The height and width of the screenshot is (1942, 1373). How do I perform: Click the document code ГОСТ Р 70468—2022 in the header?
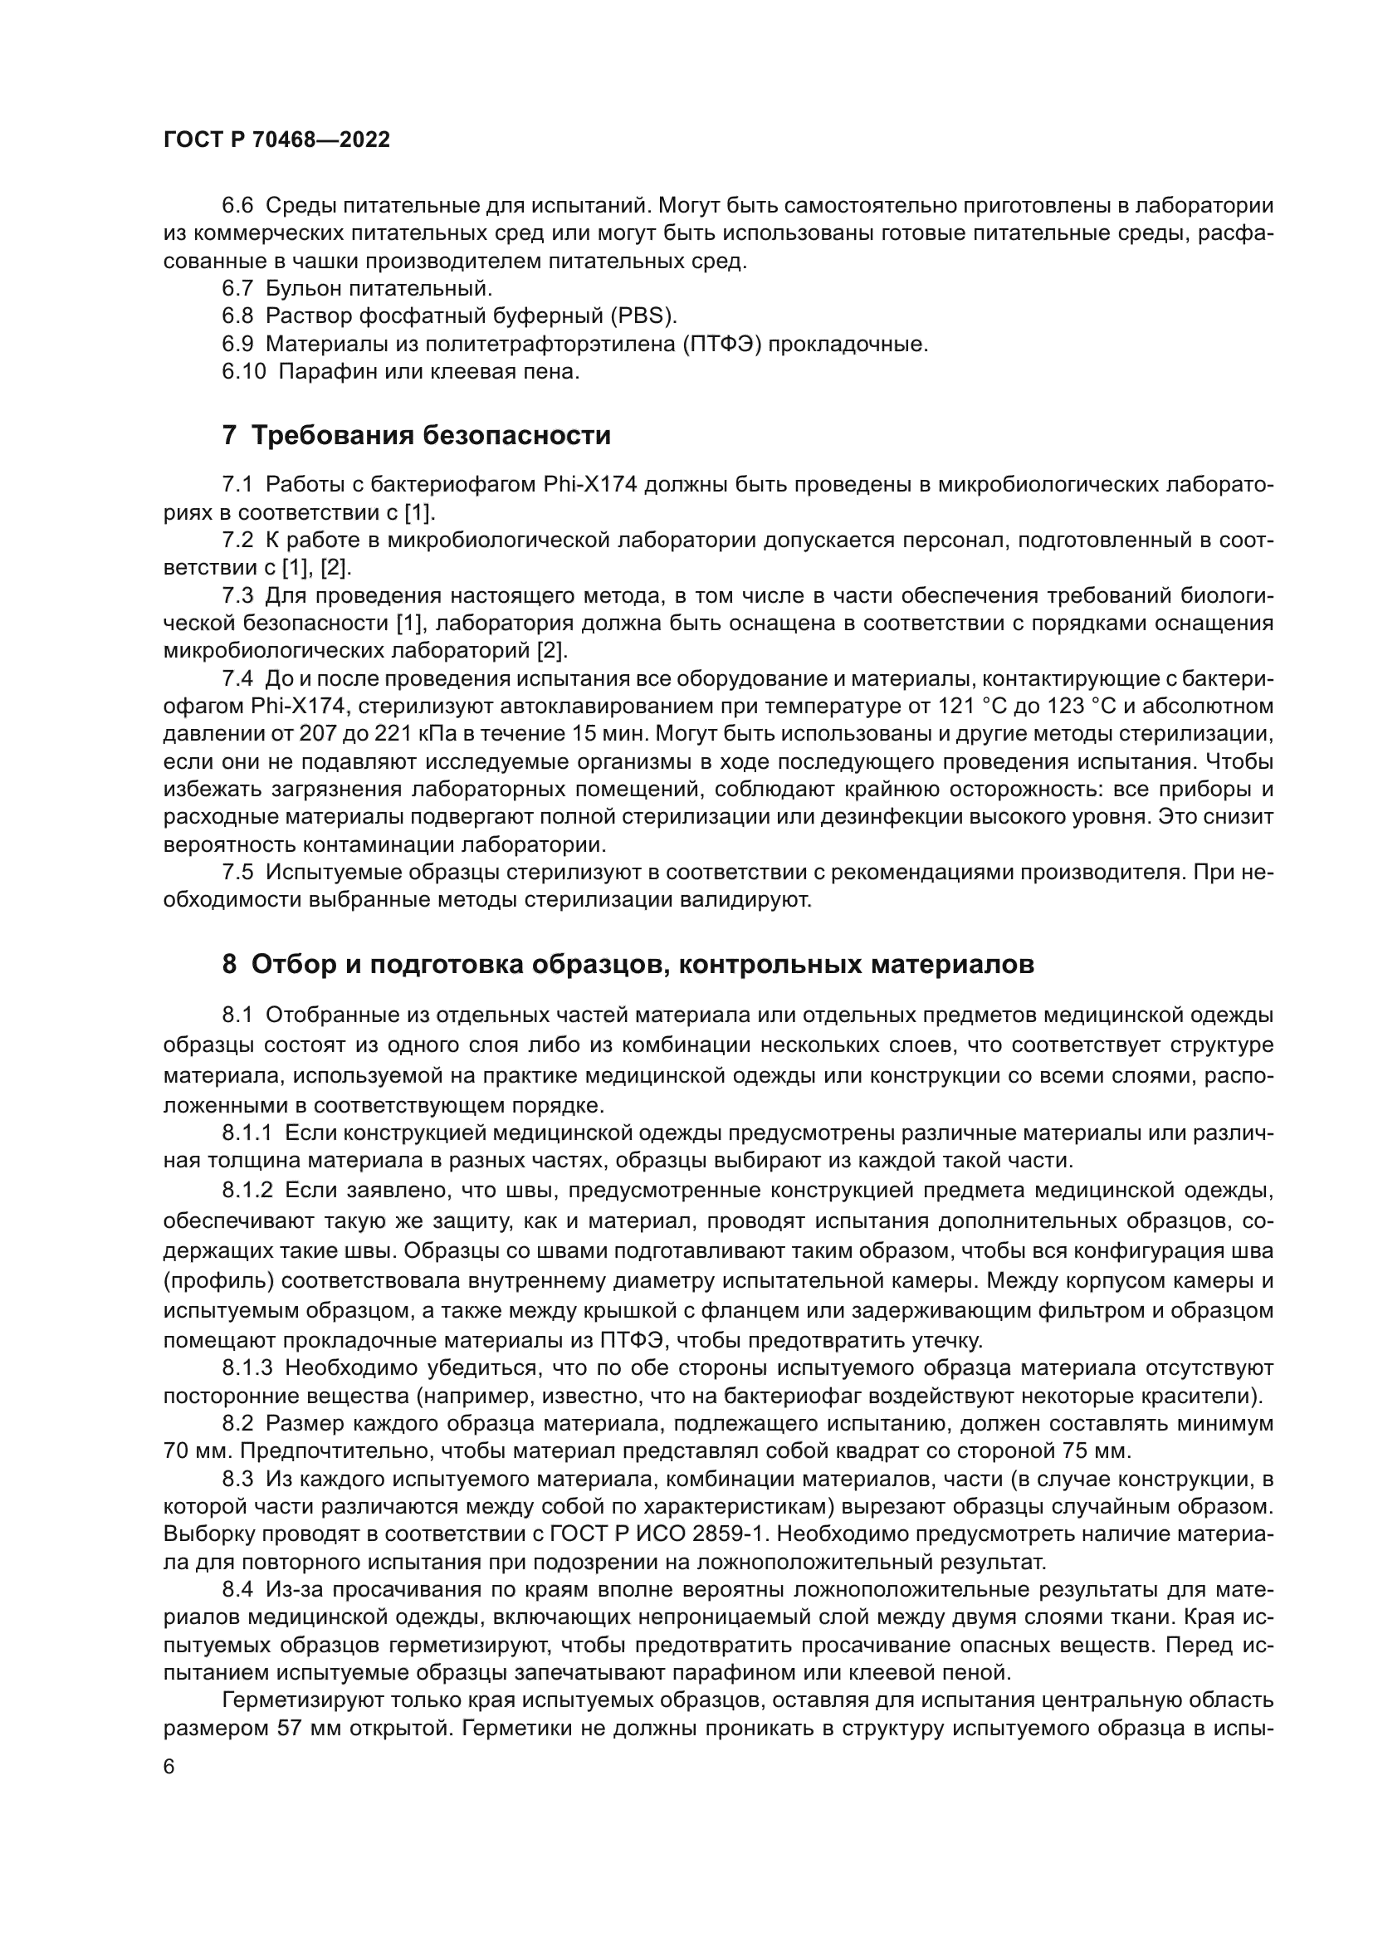[x=276, y=140]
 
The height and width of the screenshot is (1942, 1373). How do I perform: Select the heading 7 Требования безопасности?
[x=416, y=436]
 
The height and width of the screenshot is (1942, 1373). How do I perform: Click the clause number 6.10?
[x=243, y=371]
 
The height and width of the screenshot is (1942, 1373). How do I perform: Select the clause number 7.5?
[x=237, y=872]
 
